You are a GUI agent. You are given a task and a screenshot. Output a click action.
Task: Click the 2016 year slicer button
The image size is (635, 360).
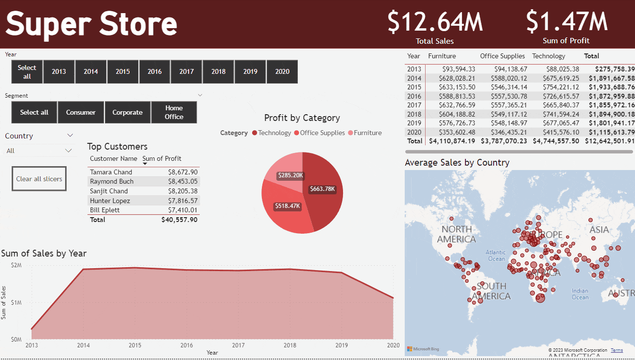click(154, 72)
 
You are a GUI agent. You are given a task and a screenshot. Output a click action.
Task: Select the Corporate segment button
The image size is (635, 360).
click(127, 112)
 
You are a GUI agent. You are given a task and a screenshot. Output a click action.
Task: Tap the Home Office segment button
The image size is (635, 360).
click(174, 112)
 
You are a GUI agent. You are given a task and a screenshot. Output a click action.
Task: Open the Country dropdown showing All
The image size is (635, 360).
click(39, 151)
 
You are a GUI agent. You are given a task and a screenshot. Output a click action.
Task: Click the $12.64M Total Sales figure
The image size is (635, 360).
click(435, 22)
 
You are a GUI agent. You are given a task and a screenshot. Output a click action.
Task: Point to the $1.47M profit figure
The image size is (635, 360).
click(566, 22)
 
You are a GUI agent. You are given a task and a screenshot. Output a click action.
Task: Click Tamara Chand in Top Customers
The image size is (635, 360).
click(111, 172)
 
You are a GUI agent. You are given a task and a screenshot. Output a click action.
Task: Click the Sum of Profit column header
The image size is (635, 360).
click(162, 158)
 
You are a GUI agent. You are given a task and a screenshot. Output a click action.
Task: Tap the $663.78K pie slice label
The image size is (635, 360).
click(322, 189)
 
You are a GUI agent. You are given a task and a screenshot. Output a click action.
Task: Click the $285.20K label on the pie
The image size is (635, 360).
click(290, 175)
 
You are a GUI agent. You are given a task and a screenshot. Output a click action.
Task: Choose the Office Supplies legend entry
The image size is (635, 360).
click(322, 133)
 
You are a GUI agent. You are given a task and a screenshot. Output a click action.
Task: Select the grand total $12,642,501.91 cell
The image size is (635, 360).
click(609, 141)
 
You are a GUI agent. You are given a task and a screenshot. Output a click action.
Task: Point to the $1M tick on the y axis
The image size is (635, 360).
click(16, 302)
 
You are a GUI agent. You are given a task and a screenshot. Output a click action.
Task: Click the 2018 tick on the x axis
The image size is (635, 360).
click(290, 345)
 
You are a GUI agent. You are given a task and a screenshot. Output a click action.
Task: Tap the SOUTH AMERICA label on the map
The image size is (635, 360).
click(491, 291)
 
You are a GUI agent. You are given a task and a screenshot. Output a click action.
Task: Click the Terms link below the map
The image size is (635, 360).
click(617, 350)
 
